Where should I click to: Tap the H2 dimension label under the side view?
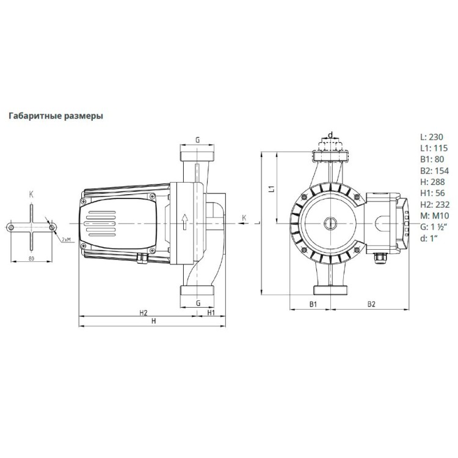coord(143,313)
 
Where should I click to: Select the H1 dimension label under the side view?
coord(211,313)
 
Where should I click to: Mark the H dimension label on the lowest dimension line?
coord(154,321)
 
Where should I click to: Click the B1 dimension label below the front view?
coord(312,304)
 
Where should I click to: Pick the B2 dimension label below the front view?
coord(370,304)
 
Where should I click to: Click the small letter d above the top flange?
coord(330,135)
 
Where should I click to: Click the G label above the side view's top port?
coord(198,140)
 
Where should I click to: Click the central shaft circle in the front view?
coord(329,223)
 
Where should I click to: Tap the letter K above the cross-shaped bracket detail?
coord(32,194)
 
